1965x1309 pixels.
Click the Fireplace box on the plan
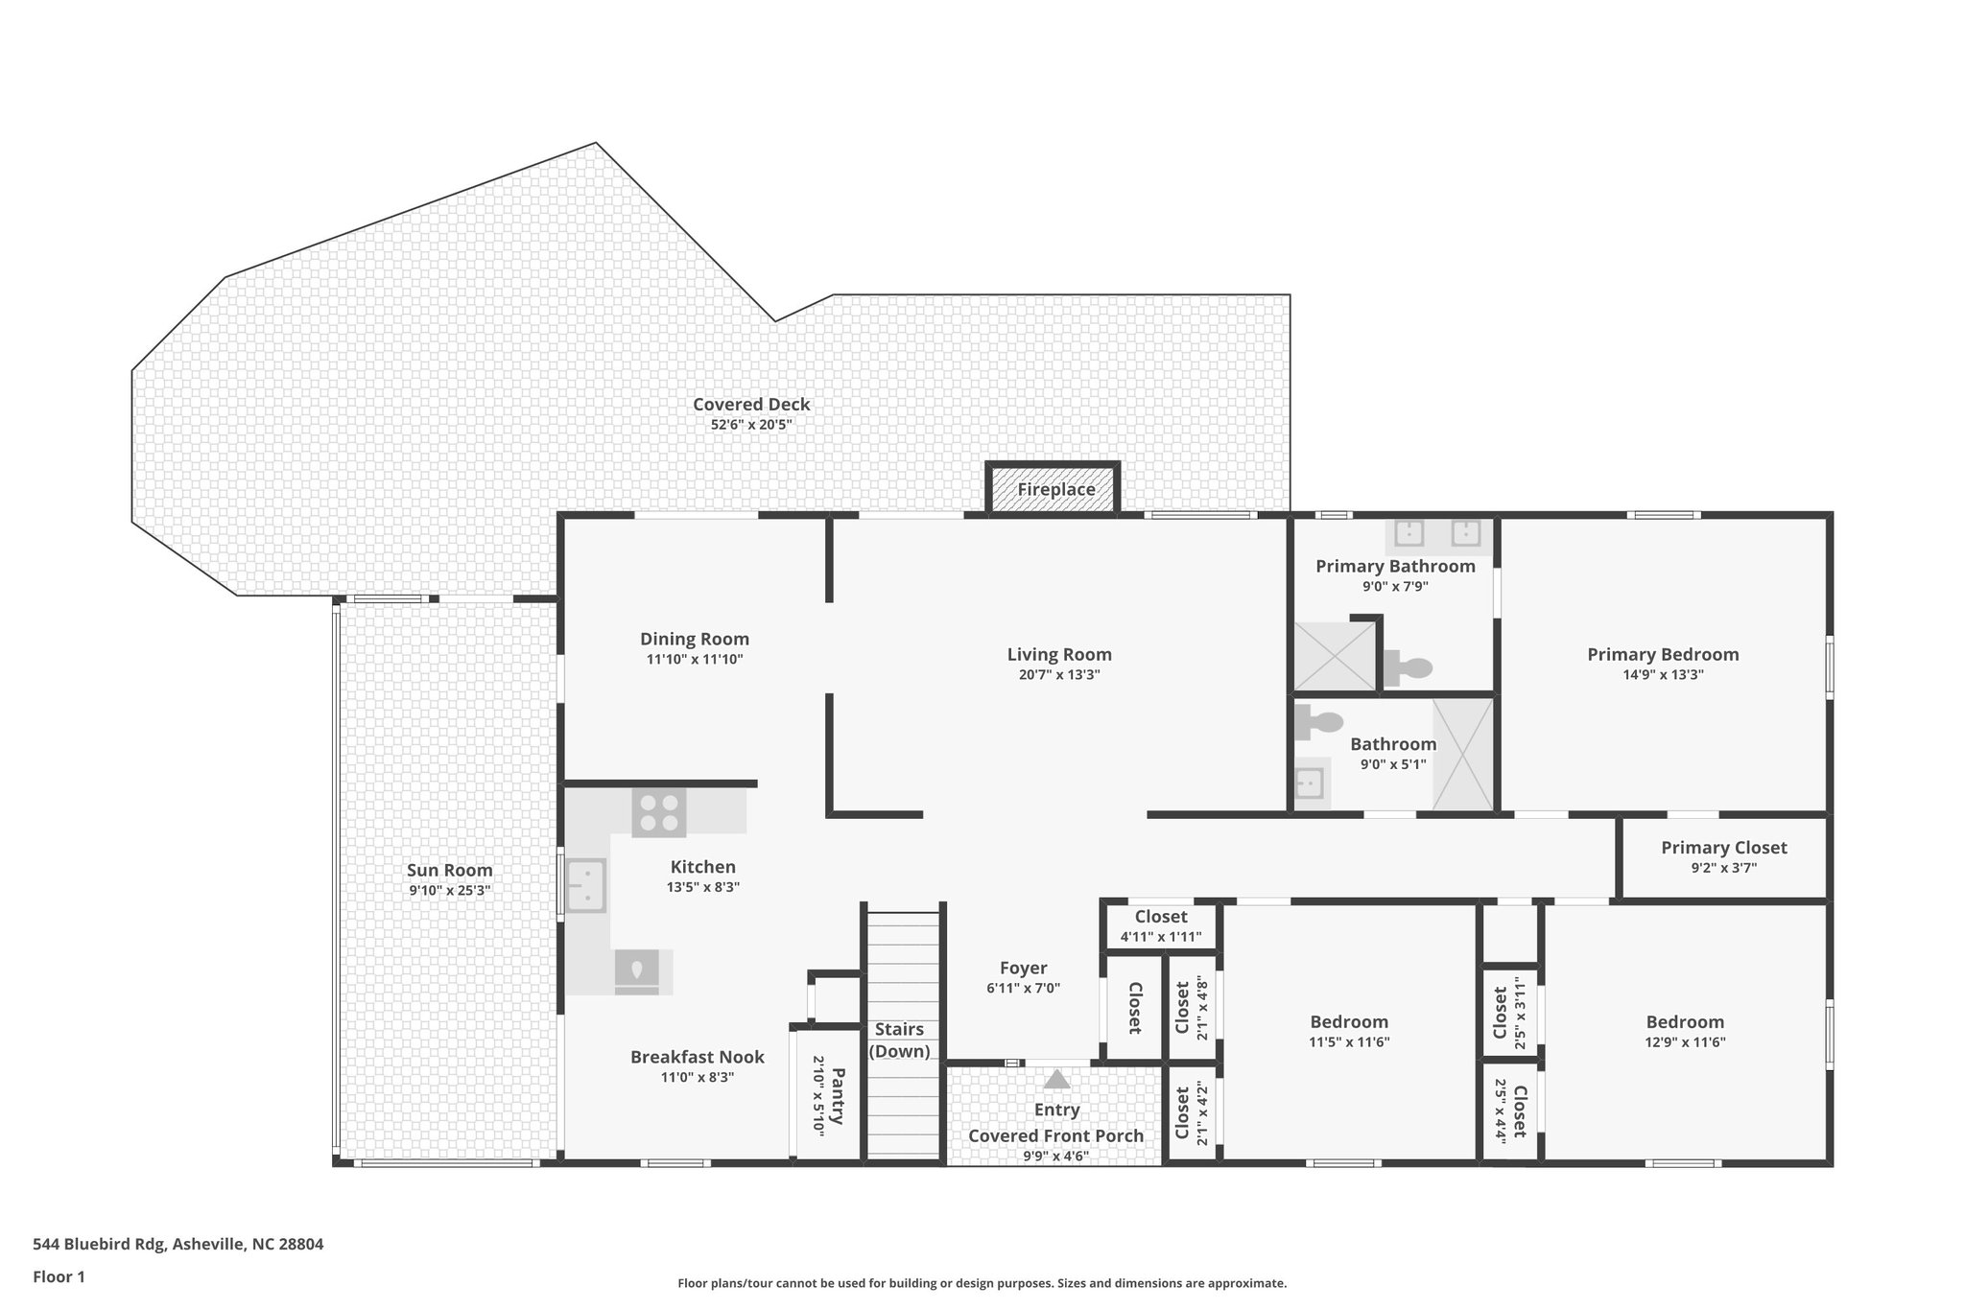[1054, 489]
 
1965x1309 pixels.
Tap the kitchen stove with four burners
[658, 812]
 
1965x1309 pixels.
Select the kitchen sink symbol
[584, 885]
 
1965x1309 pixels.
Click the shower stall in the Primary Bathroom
[1335, 657]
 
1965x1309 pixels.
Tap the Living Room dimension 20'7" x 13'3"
[1058, 675]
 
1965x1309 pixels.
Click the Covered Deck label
[751, 405]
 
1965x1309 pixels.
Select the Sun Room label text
[449, 871]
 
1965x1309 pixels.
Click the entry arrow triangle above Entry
[1056, 1080]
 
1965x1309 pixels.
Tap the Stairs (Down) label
[900, 1040]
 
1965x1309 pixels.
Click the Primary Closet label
[1723, 848]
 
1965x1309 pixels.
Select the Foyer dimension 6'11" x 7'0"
[1023, 989]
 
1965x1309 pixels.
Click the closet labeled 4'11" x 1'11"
[1160, 926]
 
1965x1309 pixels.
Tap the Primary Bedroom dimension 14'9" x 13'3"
[1662, 675]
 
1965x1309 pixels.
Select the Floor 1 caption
[59, 1276]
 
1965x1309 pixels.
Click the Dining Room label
[694, 640]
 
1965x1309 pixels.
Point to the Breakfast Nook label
[697, 1057]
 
